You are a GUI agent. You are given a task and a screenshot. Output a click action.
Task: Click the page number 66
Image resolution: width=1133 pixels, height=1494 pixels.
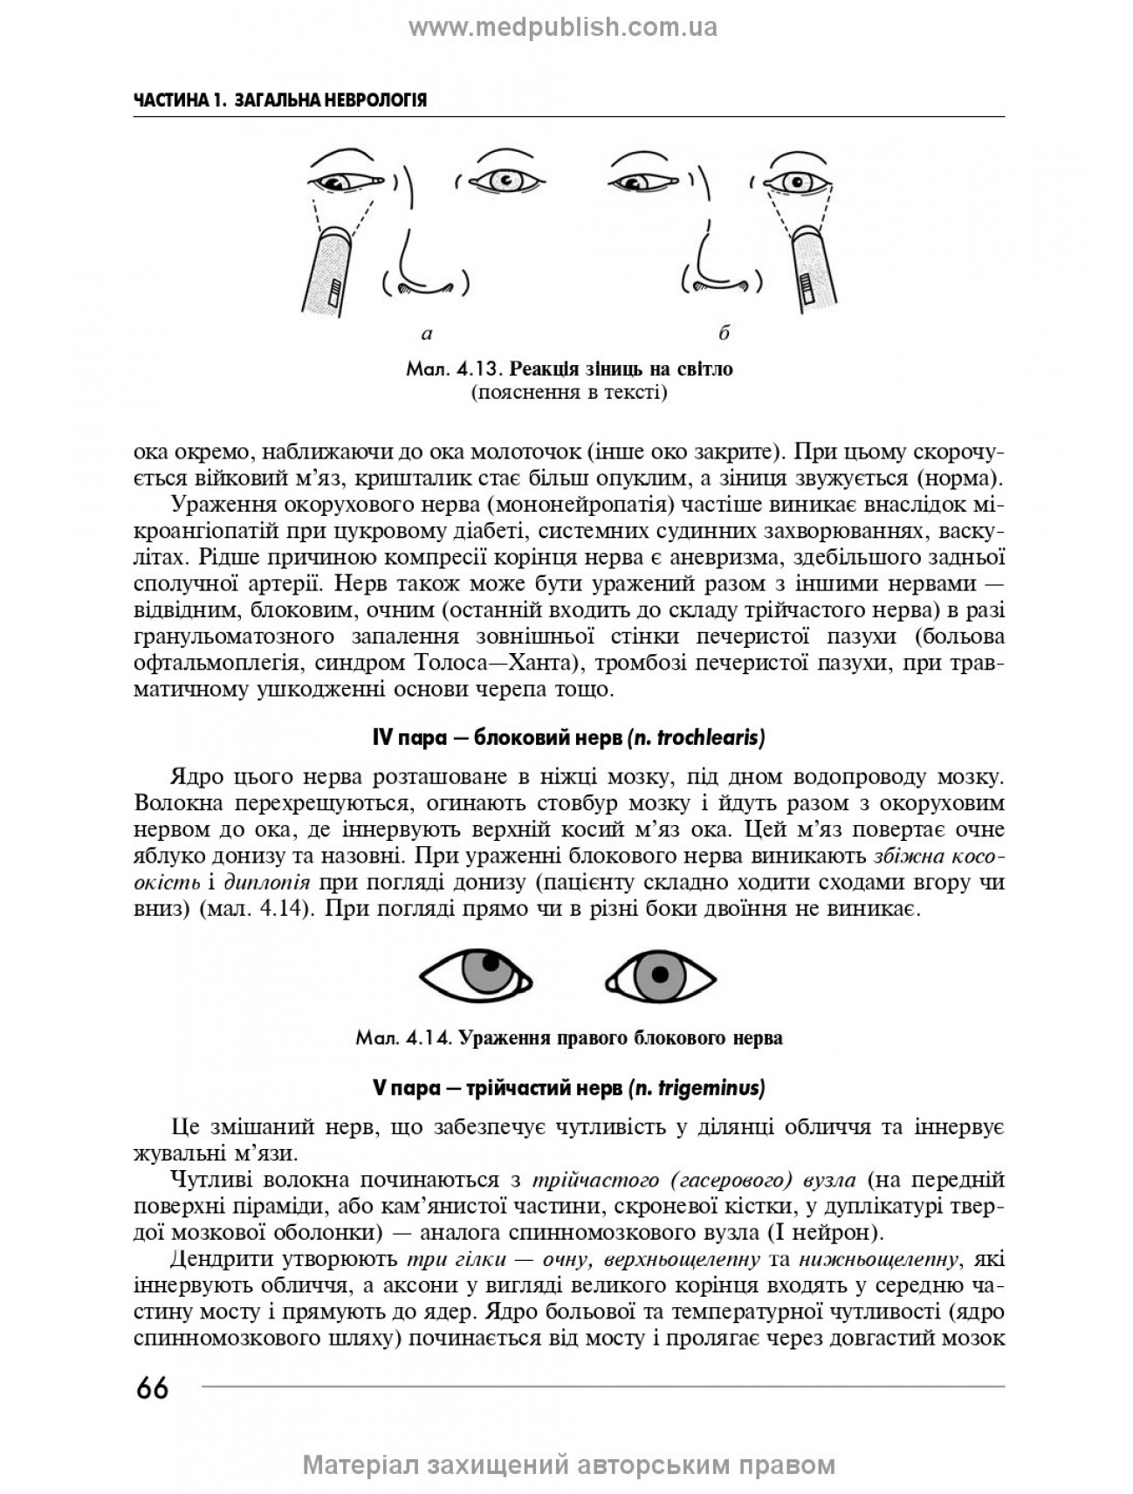(x=152, y=1387)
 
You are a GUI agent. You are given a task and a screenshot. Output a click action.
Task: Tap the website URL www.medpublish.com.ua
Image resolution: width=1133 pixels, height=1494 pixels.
(x=563, y=28)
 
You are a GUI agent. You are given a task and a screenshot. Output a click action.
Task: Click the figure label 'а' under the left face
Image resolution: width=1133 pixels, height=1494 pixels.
(x=427, y=333)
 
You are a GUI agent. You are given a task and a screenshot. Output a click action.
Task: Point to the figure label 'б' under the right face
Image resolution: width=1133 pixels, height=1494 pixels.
(x=724, y=333)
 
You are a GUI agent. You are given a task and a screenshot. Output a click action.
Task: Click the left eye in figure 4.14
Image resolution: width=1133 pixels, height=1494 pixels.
(x=475, y=976)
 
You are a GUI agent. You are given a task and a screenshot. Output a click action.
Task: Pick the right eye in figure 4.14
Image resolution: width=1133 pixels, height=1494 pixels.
(x=660, y=976)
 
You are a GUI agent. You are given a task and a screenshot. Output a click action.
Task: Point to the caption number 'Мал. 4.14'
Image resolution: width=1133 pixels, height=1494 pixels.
(x=402, y=1038)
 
